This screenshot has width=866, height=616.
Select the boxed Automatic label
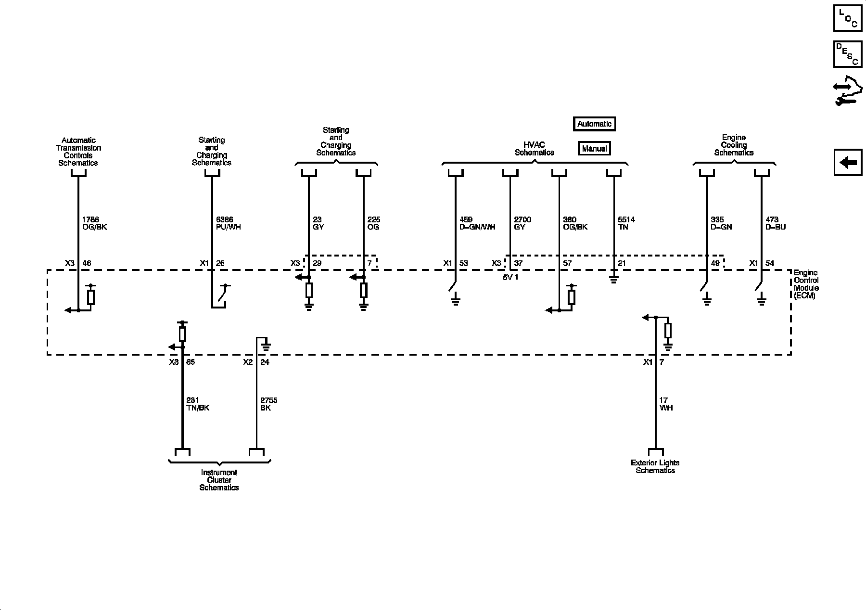594,124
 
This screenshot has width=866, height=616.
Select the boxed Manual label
594,149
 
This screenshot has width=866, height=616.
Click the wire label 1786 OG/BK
94,223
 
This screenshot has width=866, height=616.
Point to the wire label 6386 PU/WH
229,223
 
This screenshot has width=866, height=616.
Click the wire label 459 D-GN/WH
477,223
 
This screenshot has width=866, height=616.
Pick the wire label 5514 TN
626,223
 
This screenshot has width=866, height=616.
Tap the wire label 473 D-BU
776,223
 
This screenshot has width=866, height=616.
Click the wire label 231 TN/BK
198,404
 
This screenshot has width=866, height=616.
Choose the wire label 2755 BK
268,404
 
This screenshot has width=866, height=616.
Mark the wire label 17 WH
666,404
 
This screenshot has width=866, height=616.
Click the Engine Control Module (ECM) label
806,284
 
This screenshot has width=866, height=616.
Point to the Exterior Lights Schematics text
655,467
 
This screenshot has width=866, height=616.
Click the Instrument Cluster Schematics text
219,480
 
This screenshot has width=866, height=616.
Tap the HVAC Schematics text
535,149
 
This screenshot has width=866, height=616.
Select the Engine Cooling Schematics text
734,145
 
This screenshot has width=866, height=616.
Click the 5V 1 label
510,278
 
